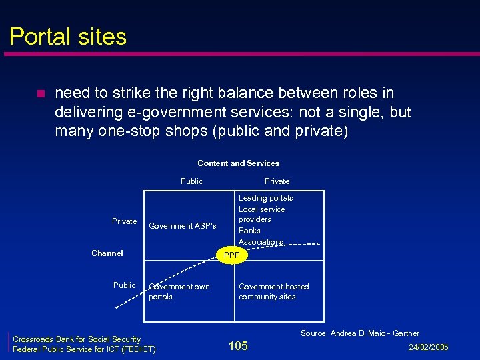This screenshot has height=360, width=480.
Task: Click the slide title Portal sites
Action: pyautogui.click(x=68, y=36)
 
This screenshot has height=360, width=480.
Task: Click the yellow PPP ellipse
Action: pyautogui.click(x=231, y=255)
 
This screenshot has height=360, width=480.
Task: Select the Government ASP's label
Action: pyautogui.click(x=182, y=226)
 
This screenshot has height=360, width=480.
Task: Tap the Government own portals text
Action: pyautogui.click(x=179, y=291)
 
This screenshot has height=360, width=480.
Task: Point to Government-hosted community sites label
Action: pyautogui.click(x=273, y=291)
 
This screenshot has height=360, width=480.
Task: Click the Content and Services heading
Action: pyautogui.click(x=238, y=163)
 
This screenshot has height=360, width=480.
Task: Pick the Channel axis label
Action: pyautogui.click(x=107, y=253)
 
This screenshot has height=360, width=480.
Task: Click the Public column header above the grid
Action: pyautogui.click(x=191, y=181)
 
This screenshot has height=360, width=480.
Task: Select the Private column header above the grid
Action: pyautogui.click(x=277, y=181)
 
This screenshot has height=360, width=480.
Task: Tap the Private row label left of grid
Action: pyautogui.click(x=124, y=221)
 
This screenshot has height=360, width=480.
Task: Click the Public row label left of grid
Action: pyautogui.click(x=124, y=285)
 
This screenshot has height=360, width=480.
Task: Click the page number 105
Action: pyautogui.click(x=238, y=345)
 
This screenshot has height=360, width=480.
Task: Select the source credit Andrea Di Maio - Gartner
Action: pyautogui.click(x=360, y=333)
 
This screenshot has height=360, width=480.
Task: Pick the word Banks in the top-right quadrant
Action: pyautogui.click(x=249, y=231)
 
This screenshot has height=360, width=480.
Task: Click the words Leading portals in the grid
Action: pyautogui.click(x=265, y=198)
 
